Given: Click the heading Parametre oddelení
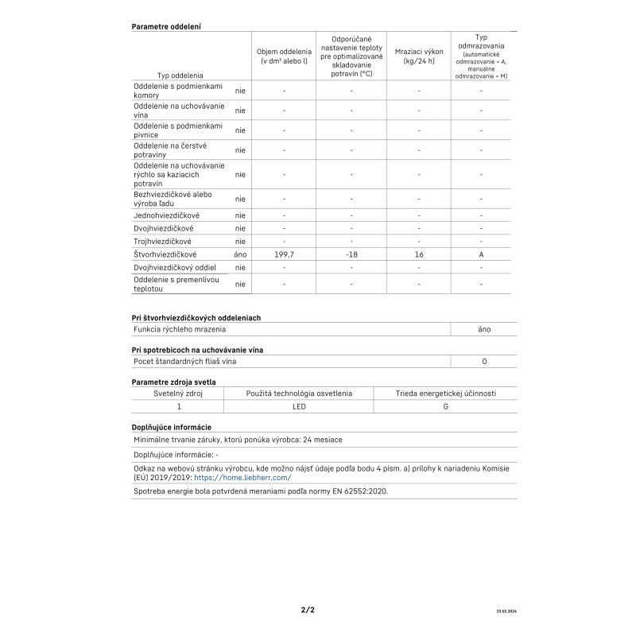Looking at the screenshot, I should (x=165, y=26).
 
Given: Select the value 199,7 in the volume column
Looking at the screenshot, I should (x=284, y=254).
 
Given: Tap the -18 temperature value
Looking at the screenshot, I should (x=351, y=254).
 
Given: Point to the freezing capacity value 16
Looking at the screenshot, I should (x=418, y=254).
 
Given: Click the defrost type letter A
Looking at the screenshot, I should (x=481, y=254).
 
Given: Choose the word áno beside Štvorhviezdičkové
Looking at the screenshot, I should (x=240, y=254).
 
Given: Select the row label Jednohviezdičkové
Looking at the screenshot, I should (x=166, y=215).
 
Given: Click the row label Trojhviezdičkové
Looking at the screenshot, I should (x=162, y=241).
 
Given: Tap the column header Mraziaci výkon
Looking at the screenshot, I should (x=418, y=56).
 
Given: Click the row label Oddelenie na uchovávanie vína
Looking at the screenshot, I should (x=179, y=111).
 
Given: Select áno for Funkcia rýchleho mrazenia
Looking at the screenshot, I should (x=484, y=328).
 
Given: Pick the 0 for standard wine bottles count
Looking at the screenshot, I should (x=484, y=361).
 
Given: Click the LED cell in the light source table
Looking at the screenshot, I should (x=299, y=406).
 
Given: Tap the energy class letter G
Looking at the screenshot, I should (x=445, y=406).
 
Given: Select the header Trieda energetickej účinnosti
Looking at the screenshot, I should (x=445, y=393).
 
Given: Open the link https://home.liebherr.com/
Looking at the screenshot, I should (x=242, y=478).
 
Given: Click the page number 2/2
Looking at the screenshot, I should (x=308, y=610).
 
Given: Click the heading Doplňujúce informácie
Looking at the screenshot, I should (x=171, y=427).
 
